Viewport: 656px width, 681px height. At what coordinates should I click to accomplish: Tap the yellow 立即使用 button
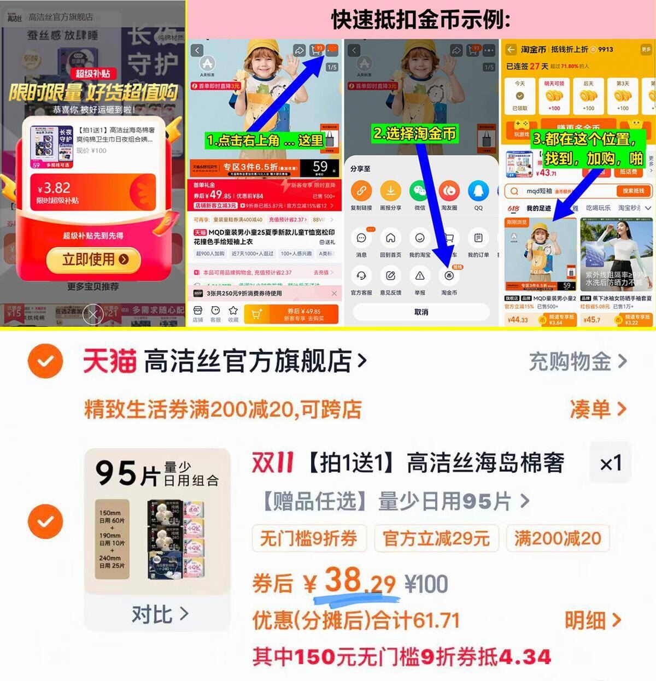[x=94, y=260]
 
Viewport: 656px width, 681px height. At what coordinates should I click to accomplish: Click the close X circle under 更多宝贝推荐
[x=92, y=314]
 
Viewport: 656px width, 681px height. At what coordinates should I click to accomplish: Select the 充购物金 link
[x=577, y=361]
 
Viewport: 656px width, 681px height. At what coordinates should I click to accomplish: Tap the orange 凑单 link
[x=597, y=409]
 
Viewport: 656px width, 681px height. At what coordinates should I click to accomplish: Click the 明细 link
[x=593, y=620]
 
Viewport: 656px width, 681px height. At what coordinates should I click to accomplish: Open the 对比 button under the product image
[x=159, y=614]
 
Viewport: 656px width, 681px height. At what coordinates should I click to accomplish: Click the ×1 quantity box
[x=611, y=464]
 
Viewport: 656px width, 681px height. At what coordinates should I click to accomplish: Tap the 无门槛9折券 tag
[x=308, y=538]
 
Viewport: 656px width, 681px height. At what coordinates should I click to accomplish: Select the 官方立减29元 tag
[x=436, y=538]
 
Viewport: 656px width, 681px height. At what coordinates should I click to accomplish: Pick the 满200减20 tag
[x=558, y=538]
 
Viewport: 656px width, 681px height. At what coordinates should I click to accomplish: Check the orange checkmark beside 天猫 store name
[x=45, y=361]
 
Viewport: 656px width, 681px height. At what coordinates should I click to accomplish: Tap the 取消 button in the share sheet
[x=421, y=312]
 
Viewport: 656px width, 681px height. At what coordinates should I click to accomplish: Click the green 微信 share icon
[x=419, y=191]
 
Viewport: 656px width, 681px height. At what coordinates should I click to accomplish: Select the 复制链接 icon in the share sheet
[x=361, y=191]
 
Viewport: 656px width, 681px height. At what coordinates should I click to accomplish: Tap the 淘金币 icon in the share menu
[x=449, y=276]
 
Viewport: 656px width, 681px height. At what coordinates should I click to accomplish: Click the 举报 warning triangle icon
[x=420, y=276]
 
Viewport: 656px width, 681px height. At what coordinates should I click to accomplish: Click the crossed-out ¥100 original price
[x=426, y=584]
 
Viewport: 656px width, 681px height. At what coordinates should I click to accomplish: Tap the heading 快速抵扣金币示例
[x=420, y=20]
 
